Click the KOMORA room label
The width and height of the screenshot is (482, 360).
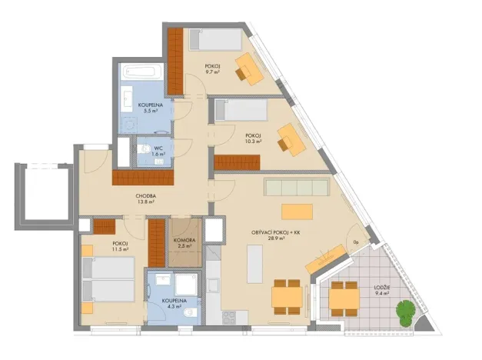pyautogui.click(x=184, y=241)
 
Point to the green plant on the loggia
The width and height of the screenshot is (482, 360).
pyautogui.click(x=405, y=312)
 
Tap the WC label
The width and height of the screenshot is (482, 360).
pyautogui.click(x=157, y=148)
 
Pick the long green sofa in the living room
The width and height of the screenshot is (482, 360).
pyautogui.click(x=296, y=187)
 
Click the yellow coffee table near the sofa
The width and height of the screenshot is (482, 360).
pyautogui.click(x=298, y=211)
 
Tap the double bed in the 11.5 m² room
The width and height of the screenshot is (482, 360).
pyautogui.click(x=111, y=278)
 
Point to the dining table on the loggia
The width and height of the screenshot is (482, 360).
pyautogui.click(x=344, y=298)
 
